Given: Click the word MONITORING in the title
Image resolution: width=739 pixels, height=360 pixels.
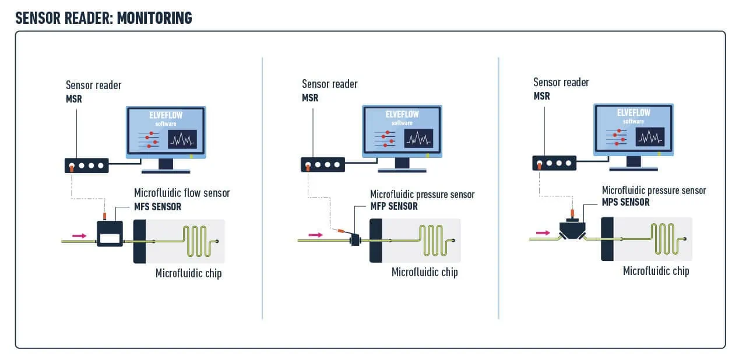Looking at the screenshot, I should [154, 17].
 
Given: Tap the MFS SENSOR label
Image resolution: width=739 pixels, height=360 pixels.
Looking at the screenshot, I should [157, 207].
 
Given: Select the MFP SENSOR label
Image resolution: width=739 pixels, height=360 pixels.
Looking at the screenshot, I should [394, 206].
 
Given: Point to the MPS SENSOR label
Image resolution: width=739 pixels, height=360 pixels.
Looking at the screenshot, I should [625, 202].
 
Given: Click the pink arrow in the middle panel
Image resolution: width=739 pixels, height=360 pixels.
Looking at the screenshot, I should [315, 235].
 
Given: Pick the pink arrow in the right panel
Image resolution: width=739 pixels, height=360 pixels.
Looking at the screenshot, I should [543, 232].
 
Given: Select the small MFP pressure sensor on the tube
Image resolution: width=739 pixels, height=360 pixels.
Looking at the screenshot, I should [354, 239].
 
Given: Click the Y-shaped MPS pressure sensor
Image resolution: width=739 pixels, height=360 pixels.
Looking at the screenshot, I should [573, 228].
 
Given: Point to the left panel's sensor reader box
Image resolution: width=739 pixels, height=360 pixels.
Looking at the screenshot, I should [86, 165].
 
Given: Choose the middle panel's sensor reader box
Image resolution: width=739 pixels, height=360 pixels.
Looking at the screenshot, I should [322, 165].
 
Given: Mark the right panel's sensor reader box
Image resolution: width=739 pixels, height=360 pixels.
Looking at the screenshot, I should [554, 163].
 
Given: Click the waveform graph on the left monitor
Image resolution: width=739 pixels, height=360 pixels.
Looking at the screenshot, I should [182, 140].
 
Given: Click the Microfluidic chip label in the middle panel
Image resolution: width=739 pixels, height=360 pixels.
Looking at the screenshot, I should [424, 272].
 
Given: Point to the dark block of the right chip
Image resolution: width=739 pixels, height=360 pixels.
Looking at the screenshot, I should [607, 239].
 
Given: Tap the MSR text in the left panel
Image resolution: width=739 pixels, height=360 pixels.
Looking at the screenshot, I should [74, 99].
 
